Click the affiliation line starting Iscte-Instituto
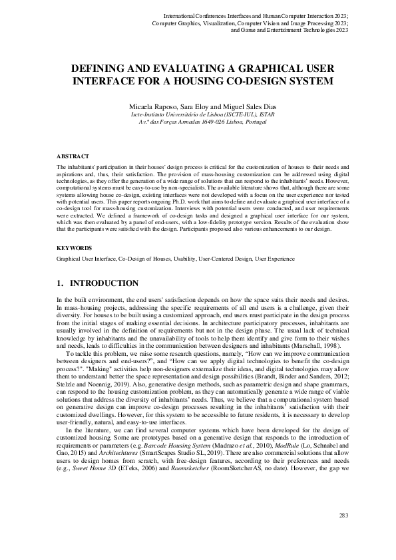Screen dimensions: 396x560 [x=198, y=115]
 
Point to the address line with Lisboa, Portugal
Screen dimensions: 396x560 [x=198, y=123]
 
